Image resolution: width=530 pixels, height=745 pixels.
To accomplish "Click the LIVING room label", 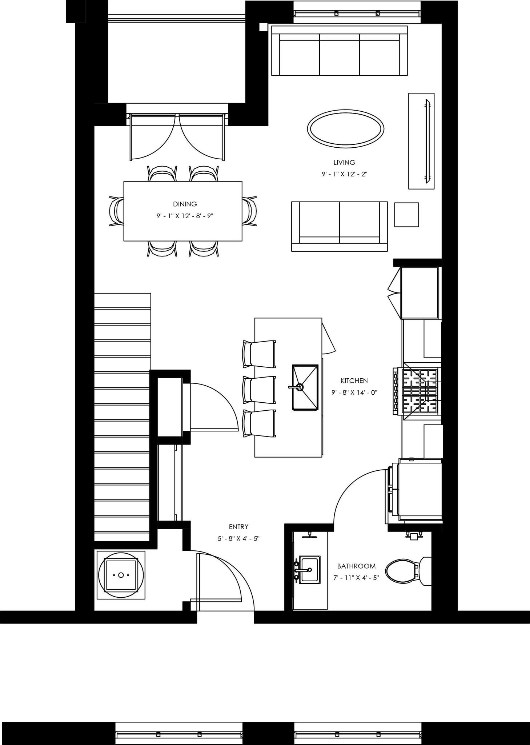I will tap(344, 163).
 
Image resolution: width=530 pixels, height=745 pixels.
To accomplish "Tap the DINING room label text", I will tap(185, 204).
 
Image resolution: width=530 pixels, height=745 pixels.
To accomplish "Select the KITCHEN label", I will tap(354, 381).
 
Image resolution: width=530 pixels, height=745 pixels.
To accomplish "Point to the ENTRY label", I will tap(238, 527).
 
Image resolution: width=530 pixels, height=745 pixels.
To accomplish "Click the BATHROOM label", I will tap(356, 566).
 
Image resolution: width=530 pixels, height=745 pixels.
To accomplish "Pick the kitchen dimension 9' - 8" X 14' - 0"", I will tap(354, 393).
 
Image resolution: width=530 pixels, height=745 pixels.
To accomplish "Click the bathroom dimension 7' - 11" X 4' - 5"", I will tap(356, 578).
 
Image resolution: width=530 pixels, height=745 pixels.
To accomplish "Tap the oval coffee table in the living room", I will tap(345, 129).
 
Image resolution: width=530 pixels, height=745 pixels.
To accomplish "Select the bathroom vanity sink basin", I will tap(309, 570).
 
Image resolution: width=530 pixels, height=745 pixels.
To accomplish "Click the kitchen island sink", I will tap(305, 388).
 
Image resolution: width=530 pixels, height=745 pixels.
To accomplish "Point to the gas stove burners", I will tap(420, 391).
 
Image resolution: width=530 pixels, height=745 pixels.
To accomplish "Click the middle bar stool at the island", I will tap(259, 390).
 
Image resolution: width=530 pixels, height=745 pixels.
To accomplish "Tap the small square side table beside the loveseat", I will tap(406, 215).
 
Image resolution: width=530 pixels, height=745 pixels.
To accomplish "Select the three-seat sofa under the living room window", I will tap(339, 51).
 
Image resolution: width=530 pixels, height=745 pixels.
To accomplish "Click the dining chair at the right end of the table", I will tap(250, 211).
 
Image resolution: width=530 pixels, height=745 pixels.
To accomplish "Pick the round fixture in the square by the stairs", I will tap(121, 575).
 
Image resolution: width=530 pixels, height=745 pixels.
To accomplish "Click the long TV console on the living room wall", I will tap(421, 141).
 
